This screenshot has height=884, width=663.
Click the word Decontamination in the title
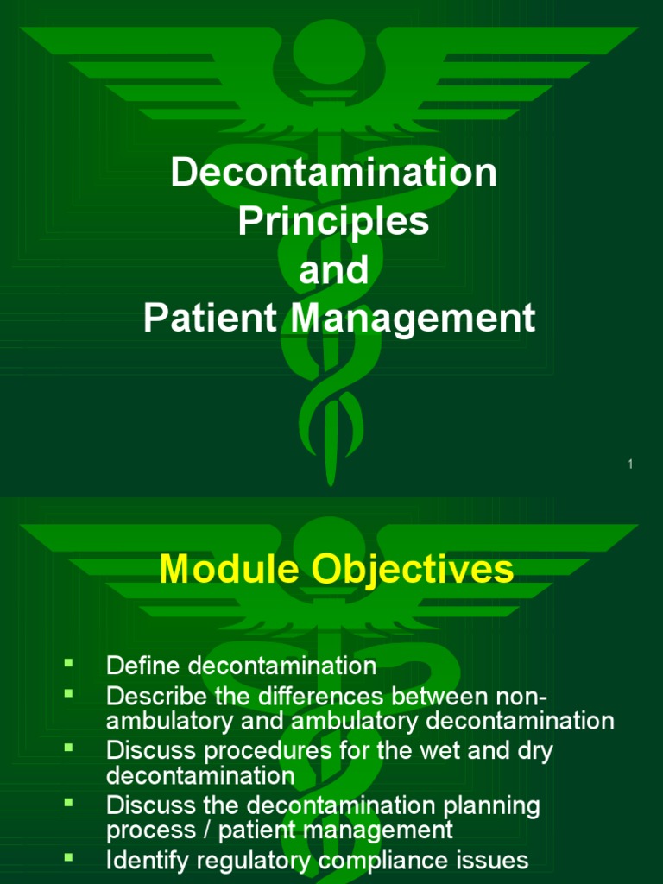click(x=333, y=173)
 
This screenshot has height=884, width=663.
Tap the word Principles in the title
click(x=333, y=222)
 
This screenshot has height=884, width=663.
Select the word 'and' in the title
click(x=333, y=270)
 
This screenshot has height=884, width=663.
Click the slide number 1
click(x=630, y=465)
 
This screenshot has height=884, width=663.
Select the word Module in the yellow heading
click(x=226, y=570)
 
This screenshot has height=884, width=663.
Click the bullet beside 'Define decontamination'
click(x=68, y=662)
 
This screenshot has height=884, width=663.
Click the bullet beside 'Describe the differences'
click(x=68, y=691)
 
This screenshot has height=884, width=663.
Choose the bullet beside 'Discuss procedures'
click(x=68, y=747)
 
